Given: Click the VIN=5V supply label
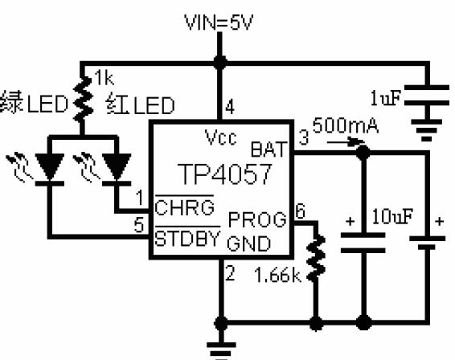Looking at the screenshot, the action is (x=219, y=22).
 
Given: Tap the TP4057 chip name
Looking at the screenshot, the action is (x=225, y=174).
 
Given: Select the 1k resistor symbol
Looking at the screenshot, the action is (x=83, y=98).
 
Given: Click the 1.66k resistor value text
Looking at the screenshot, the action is (x=278, y=275).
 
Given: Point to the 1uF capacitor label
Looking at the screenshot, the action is (x=386, y=97).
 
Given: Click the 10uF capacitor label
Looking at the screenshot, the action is (x=392, y=216).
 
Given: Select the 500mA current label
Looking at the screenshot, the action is (x=346, y=125).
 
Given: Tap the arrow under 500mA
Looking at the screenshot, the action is (x=346, y=142).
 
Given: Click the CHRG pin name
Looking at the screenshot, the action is (x=185, y=207).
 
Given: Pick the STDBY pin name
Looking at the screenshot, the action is (x=187, y=238).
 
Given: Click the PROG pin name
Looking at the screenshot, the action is (x=257, y=219).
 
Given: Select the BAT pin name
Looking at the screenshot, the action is (x=268, y=149).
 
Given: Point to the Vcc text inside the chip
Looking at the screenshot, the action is (x=220, y=137).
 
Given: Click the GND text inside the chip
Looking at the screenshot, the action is (x=249, y=243).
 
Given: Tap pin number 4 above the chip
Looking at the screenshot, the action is (x=230, y=107).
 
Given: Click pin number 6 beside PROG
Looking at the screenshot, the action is (x=301, y=211).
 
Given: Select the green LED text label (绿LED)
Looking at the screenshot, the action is (x=34, y=103).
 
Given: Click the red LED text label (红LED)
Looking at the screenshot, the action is (x=141, y=104).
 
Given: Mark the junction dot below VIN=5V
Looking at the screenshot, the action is (x=220, y=62).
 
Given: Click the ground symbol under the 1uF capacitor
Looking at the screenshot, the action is (x=426, y=130).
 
